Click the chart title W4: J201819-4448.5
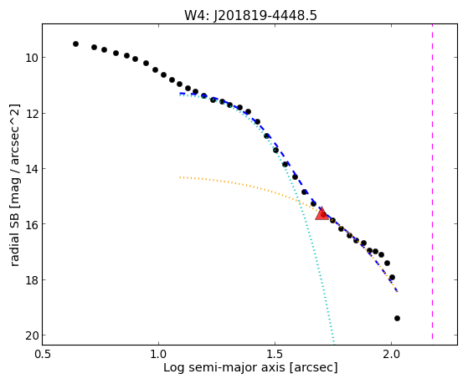tap(250, 15)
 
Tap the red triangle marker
tap(321, 213)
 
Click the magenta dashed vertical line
tap(432, 182)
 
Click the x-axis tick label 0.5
tap(43, 354)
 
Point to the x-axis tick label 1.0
tap(158, 354)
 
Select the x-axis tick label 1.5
tap(275, 354)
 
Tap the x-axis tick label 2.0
tap(391, 354)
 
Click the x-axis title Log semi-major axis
tap(224, 368)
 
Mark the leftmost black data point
tap(75, 44)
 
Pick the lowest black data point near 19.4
tap(397, 319)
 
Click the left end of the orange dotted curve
tap(180, 177)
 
